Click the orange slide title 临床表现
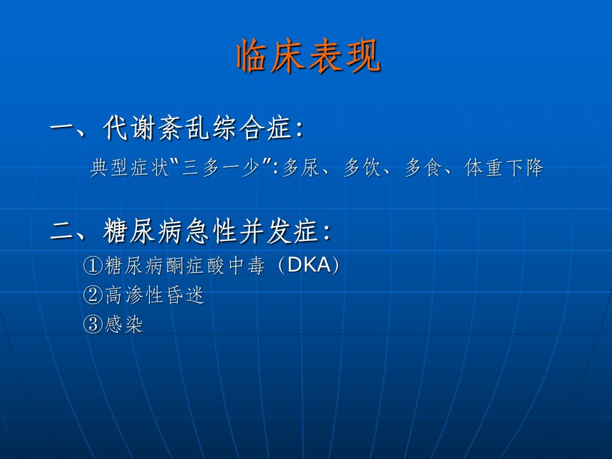pyautogui.click(x=309, y=56)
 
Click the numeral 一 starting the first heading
pyautogui.click(x=62, y=128)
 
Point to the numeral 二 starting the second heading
pyautogui.click(x=62, y=231)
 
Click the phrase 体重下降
pyautogui.click(x=504, y=168)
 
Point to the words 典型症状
pyautogui.click(x=129, y=168)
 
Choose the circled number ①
pyautogui.click(x=93, y=266)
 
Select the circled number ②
pyautogui.click(x=93, y=295)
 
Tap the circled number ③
pyautogui.click(x=93, y=324)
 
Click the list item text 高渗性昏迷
pyautogui.click(x=154, y=295)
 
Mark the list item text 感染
pyautogui.click(x=124, y=324)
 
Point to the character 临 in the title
pyautogui.click(x=253, y=56)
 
